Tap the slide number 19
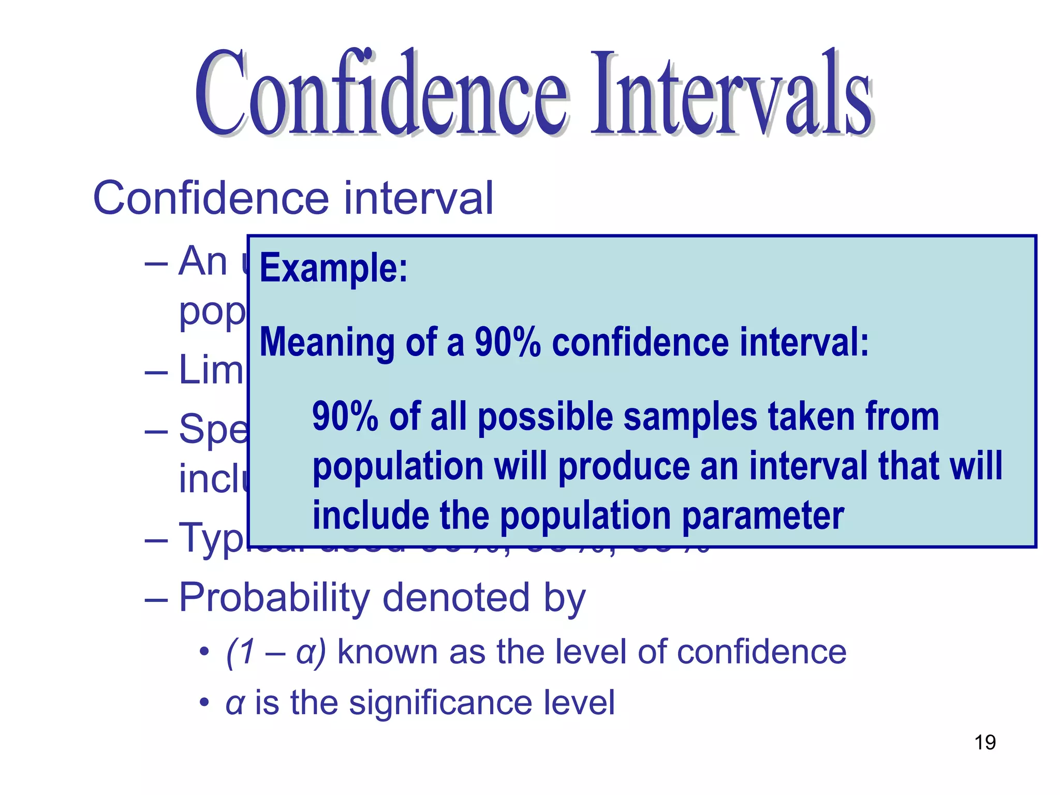pyautogui.click(x=985, y=743)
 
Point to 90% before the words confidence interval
pyautogui.click(x=508, y=343)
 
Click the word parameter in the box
pyautogui.click(x=763, y=517)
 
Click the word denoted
pyautogui.click(x=456, y=598)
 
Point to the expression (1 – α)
pyautogui.click(x=276, y=652)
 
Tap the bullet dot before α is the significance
pyautogui.click(x=204, y=703)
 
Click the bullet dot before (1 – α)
pyautogui.click(x=204, y=652)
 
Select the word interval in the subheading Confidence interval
pyautogui.click(x=419, y=198)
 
